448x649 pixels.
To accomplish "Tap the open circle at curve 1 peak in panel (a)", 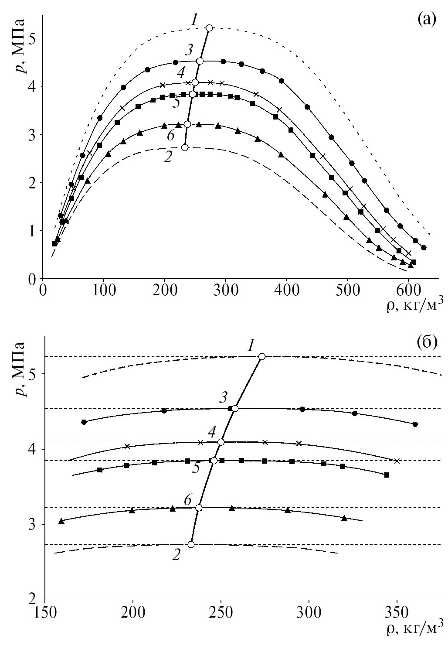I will point(209,28).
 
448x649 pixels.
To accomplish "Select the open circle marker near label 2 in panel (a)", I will point(184,147).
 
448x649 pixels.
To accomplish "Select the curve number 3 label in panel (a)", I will point(188,50).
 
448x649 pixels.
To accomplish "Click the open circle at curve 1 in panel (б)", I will point(262,356).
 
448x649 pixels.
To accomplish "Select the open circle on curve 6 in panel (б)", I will point(199,508).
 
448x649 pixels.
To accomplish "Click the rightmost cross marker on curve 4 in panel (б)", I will point(397,461).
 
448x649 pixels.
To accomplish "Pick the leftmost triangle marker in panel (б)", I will point(61,521).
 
